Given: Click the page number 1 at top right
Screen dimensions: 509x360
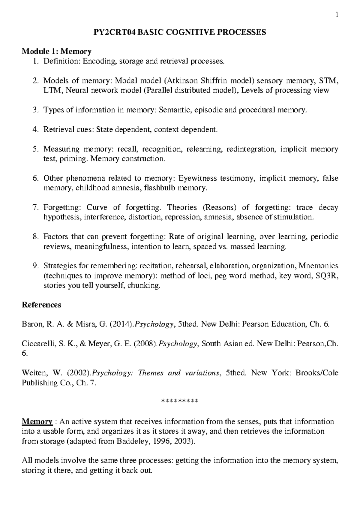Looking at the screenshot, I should point(337,14).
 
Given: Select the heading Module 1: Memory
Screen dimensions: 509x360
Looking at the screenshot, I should point(57,52).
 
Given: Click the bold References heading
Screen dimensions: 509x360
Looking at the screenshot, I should point(41,305).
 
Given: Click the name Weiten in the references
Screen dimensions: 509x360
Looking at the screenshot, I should point(32,373).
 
